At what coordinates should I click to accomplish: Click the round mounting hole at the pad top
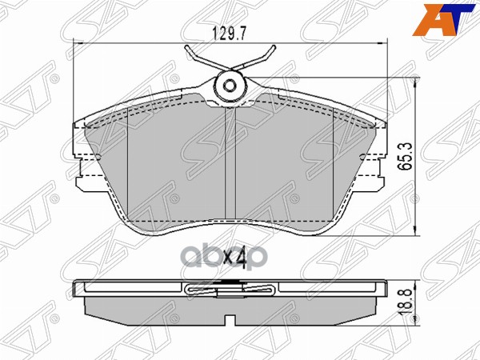(x=230, y=87)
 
